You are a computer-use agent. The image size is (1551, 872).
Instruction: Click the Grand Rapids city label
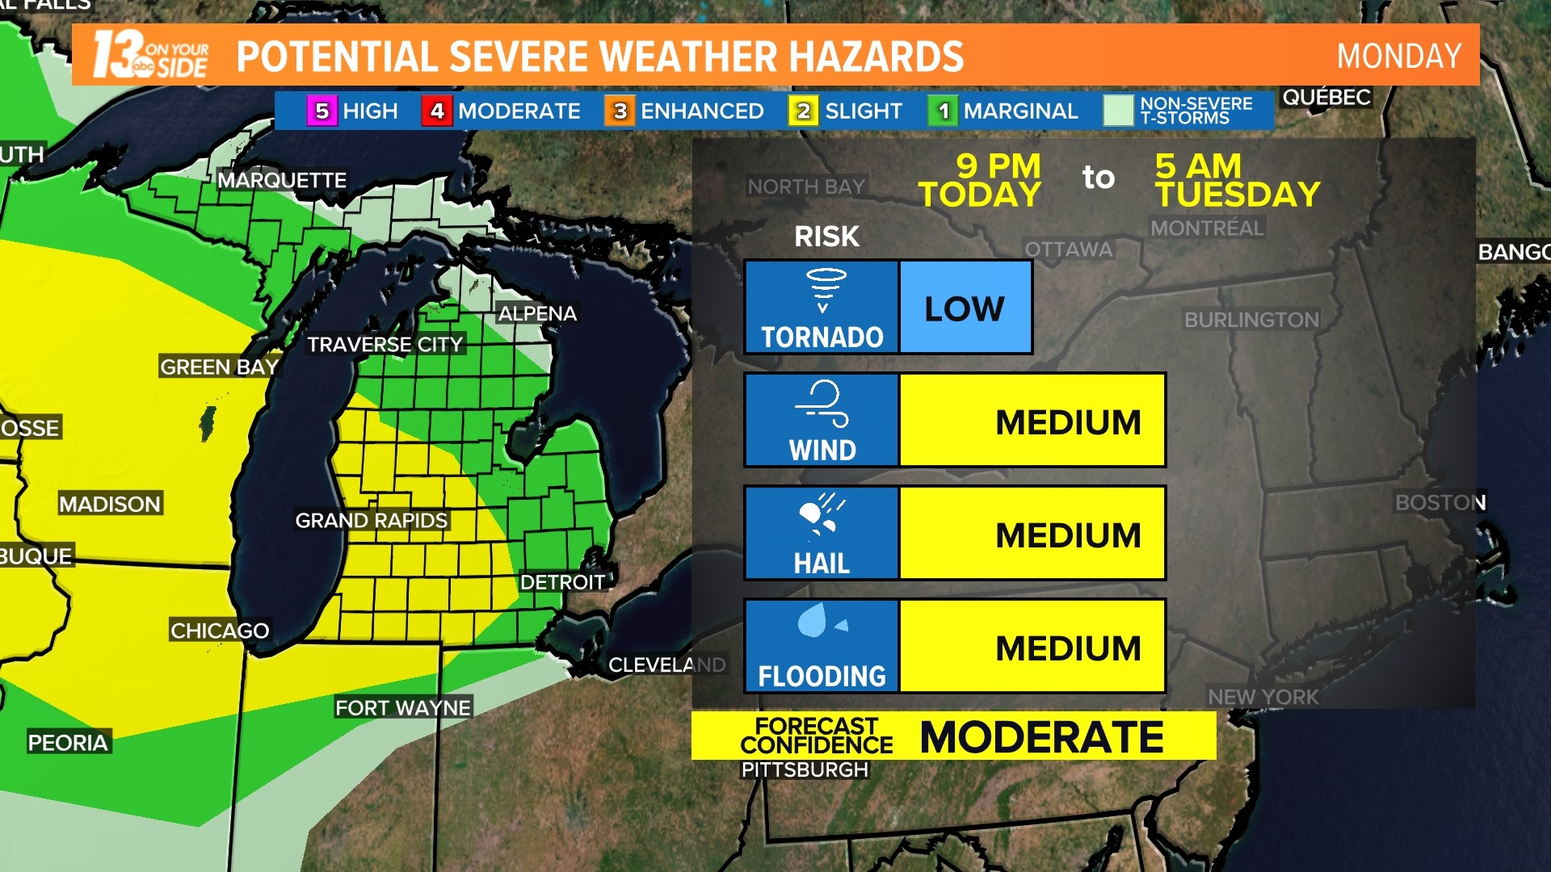click(x=371, y=521)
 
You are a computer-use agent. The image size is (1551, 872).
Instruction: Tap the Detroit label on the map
click(x=562, y=582)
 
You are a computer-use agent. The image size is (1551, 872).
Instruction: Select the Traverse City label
click(x=385, y=345)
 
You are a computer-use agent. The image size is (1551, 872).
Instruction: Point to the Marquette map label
click(x=282, y=180)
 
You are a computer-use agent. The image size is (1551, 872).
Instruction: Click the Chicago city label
click(x=220, y=631)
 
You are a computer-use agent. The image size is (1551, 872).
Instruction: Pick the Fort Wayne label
click(x=402, y=708)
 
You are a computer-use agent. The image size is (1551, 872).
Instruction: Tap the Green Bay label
click(x=219, y=367)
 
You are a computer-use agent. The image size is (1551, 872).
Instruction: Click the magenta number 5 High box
click(x=322, y=111)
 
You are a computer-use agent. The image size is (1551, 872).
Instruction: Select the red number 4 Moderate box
click(x=437, y=111)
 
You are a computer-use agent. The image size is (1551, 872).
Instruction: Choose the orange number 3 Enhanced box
click(x=620, y=111)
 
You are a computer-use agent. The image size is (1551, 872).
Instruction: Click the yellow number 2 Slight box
click(x=803, y=111)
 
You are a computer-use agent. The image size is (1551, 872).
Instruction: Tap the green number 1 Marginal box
click(x=943, y=111)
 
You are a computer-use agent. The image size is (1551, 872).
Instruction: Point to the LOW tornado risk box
click(x=965, y=308)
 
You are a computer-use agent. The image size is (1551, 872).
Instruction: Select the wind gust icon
click(x=822, y=403)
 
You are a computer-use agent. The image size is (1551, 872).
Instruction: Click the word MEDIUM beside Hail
click(x=1067, y=535)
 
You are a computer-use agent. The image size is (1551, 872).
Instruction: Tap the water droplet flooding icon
click(x=813, y=620)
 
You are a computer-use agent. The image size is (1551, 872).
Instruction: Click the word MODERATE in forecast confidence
click(x=1041, y=737)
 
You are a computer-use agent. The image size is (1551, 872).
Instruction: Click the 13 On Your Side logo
click(x=150, y=55)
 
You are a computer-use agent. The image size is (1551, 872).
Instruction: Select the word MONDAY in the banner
click(x=1398, y=57)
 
